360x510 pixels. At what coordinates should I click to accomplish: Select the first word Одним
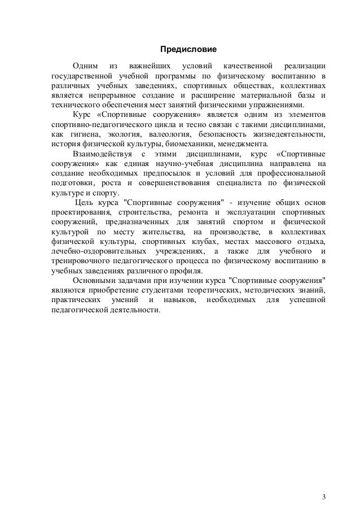[85, 66]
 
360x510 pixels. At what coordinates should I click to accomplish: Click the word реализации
[305, 66]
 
